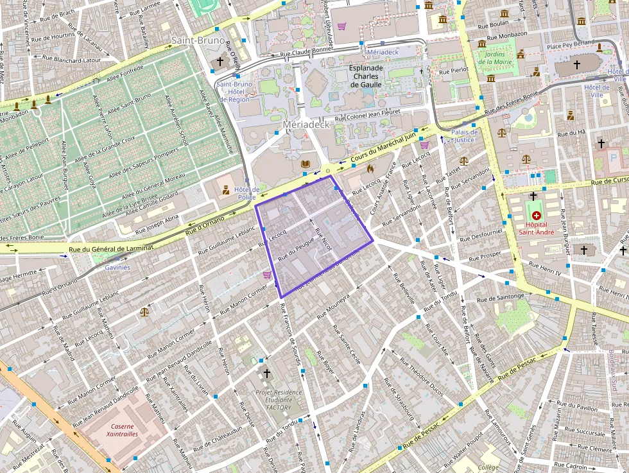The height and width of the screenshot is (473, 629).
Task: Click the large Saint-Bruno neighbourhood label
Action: [198, 40]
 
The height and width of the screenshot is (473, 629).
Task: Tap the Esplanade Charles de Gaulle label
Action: [366, 76]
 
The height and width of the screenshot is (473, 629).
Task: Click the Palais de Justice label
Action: [463, 135]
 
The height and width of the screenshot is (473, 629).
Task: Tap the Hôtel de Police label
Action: [246, 193]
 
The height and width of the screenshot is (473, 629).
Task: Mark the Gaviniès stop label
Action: [117, 267]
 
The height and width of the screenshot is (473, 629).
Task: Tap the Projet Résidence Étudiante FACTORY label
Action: [273, 399]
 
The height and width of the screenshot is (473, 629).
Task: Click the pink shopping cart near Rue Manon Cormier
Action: [266, 274]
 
